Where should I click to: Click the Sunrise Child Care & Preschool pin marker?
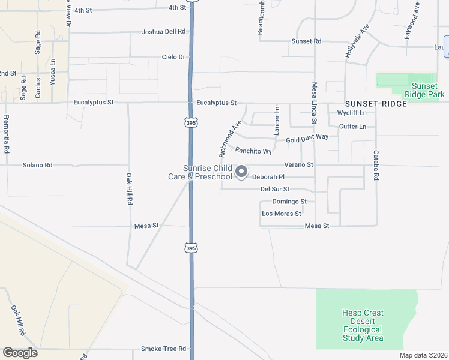pyautogui.click(x=241, y=172)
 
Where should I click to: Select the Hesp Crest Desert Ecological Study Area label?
pyautogui.click(x=363, y=325)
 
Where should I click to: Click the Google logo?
pyautogui.click(x=20, y=353)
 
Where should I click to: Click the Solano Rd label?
pyautogui.click(x=37, y=165)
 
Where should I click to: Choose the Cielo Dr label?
pyautogui.click(x=174, y=57)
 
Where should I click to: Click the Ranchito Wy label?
pyautogui.click(x=253, y=151)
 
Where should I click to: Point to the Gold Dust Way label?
pyautogui.click(x=307, y=138)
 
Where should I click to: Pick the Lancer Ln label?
pyautogui.click(x=277, y=121)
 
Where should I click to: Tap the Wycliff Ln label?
pyautogui.click(x=352, y=113)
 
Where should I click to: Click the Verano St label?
pyautogui.click(x=299, y=164)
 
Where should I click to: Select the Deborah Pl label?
pyautogui.click(x=268, y=177)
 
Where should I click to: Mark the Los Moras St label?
pyautogui.click(x=280, y=214)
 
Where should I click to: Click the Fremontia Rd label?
pyautogui.click(x=7, y=134)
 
